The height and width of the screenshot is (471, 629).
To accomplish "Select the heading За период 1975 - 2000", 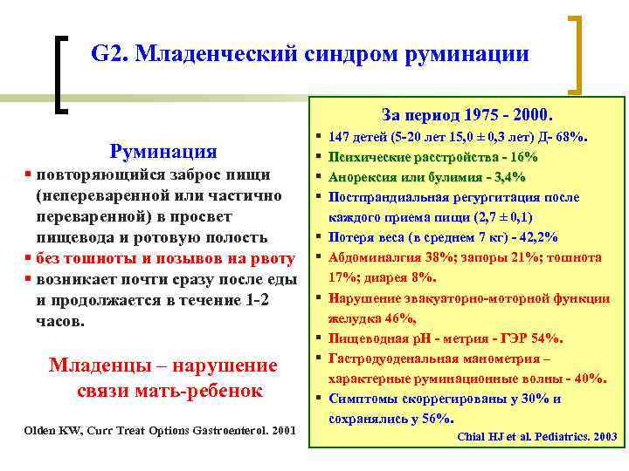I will [x=467, y=114].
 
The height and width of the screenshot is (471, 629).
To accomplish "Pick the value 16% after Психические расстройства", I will [x=522, y=157].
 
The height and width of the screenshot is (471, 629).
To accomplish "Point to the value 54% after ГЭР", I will [x=548, y=338].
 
